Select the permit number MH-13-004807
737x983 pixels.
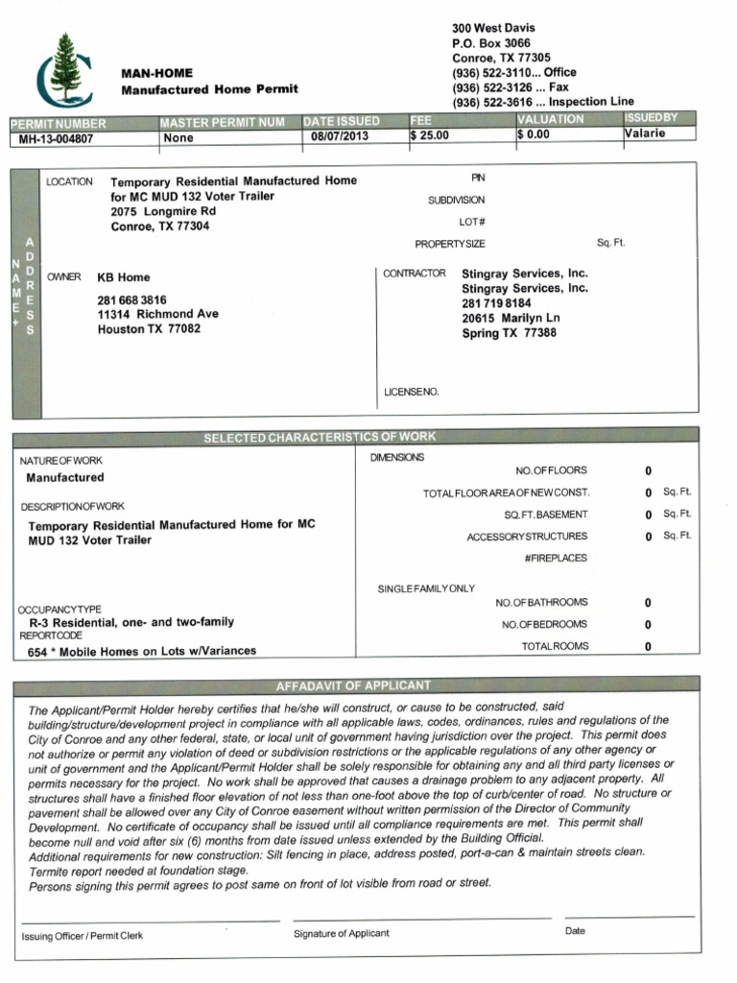click(59, 138)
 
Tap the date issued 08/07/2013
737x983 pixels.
click(340, 137)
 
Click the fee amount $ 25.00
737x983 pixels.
click(430, 136)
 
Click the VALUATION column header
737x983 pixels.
click(550, 119)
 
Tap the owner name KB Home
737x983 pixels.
click(120, 276)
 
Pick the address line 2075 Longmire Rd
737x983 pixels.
click(163, 211)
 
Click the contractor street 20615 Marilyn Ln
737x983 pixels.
click(511, 318)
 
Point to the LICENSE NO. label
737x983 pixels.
click(411, 392)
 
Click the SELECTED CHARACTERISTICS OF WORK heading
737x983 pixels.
click(320, 438)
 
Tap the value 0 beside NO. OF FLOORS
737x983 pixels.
click(648, 471)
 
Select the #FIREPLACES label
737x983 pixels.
click(556, 558)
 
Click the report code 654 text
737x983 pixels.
click(142, 651)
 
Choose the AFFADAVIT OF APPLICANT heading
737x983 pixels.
click(353, 685)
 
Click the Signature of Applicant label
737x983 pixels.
click(342, 933)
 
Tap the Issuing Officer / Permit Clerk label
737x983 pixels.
click(83, 936)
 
